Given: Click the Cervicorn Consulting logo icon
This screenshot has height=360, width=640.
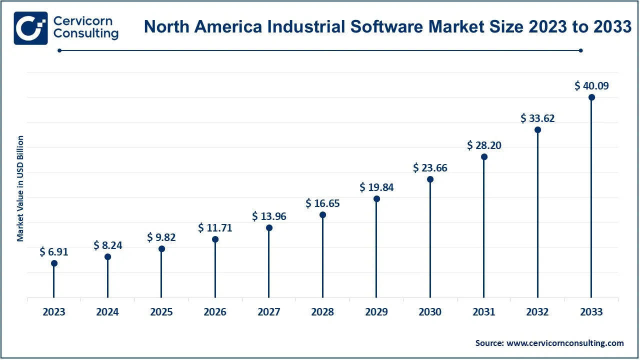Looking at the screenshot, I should tap(31, 28).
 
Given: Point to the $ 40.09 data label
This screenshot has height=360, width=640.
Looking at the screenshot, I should tap(591, 86).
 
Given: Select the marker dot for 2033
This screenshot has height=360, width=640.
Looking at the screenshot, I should tap(591, 97).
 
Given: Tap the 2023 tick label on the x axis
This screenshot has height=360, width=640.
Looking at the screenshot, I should tap(53, 312).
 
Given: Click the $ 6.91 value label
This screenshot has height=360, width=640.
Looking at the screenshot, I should tap(53, 252).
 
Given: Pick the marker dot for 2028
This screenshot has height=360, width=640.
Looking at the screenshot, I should tap(322, 215).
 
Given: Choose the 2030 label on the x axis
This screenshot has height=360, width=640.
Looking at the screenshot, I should tap(430, 312).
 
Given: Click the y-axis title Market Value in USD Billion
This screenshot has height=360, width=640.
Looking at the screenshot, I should tap(20, 188).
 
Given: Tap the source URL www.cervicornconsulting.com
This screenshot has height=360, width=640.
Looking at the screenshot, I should tap(565, 343).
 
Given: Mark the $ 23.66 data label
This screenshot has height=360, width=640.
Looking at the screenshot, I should tap(430, 168).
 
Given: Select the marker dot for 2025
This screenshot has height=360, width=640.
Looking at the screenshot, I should tap(161, 248).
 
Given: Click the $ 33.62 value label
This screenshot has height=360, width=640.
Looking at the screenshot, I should tap(537, 118).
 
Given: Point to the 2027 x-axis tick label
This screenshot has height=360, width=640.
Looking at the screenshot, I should tap(269, 312).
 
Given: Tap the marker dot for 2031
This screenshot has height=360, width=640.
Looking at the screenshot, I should tap(484, 156).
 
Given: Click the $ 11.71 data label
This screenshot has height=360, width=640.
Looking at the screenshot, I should tap(215, 228).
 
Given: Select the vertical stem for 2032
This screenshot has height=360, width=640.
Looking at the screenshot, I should tap(537, 215).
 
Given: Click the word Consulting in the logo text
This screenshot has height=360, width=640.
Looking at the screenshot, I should tap(86, 34).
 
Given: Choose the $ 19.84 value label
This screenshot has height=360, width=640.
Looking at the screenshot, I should tap(376, 187).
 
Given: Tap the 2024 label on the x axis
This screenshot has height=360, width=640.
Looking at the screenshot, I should tap(107, 312).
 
